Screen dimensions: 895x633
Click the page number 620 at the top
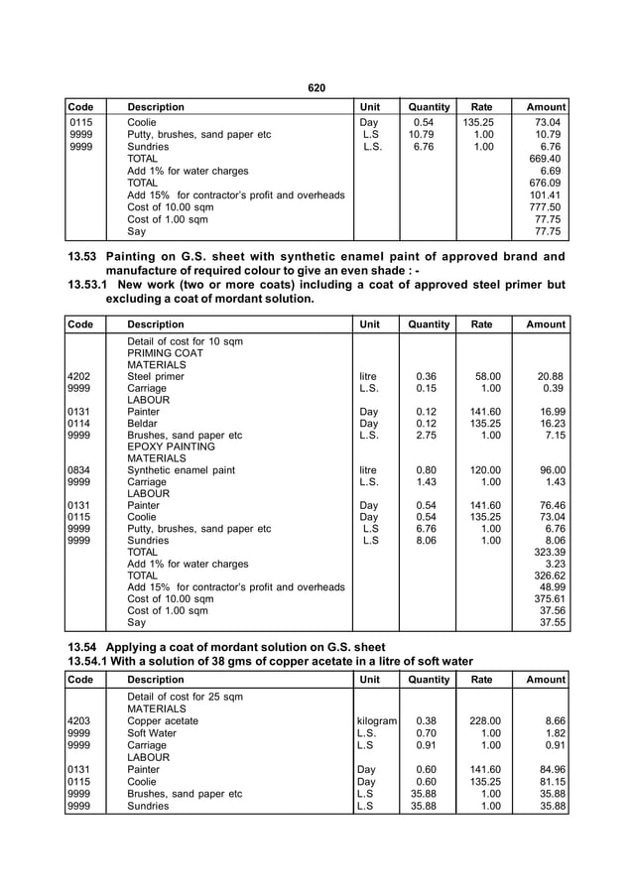(316, 88)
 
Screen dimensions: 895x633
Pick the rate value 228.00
(483, 721)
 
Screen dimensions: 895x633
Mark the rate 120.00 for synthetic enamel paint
(483, 469)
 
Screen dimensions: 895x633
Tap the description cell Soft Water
(156, 733)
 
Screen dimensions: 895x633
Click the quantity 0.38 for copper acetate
(427, 721)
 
